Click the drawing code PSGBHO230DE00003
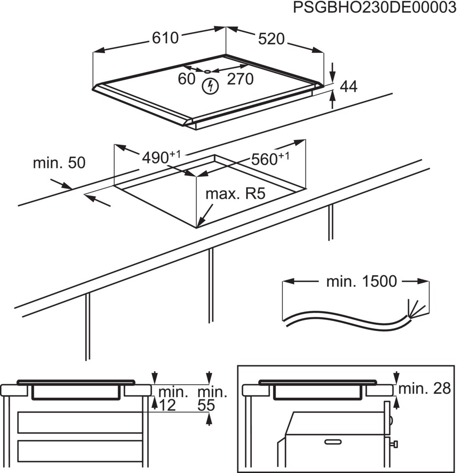click(374, 8)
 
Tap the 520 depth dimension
click(271, 39)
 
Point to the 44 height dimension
click(349, 87)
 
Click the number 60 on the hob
click(187, 79)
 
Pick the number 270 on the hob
click(240, 79)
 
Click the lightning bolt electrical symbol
click(209, 86)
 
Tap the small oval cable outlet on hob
click(207, 71)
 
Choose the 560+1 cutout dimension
click(270, 159)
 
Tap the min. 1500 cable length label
click(361, 281)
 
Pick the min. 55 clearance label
click(212, 399)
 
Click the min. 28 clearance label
click(424, 389)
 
